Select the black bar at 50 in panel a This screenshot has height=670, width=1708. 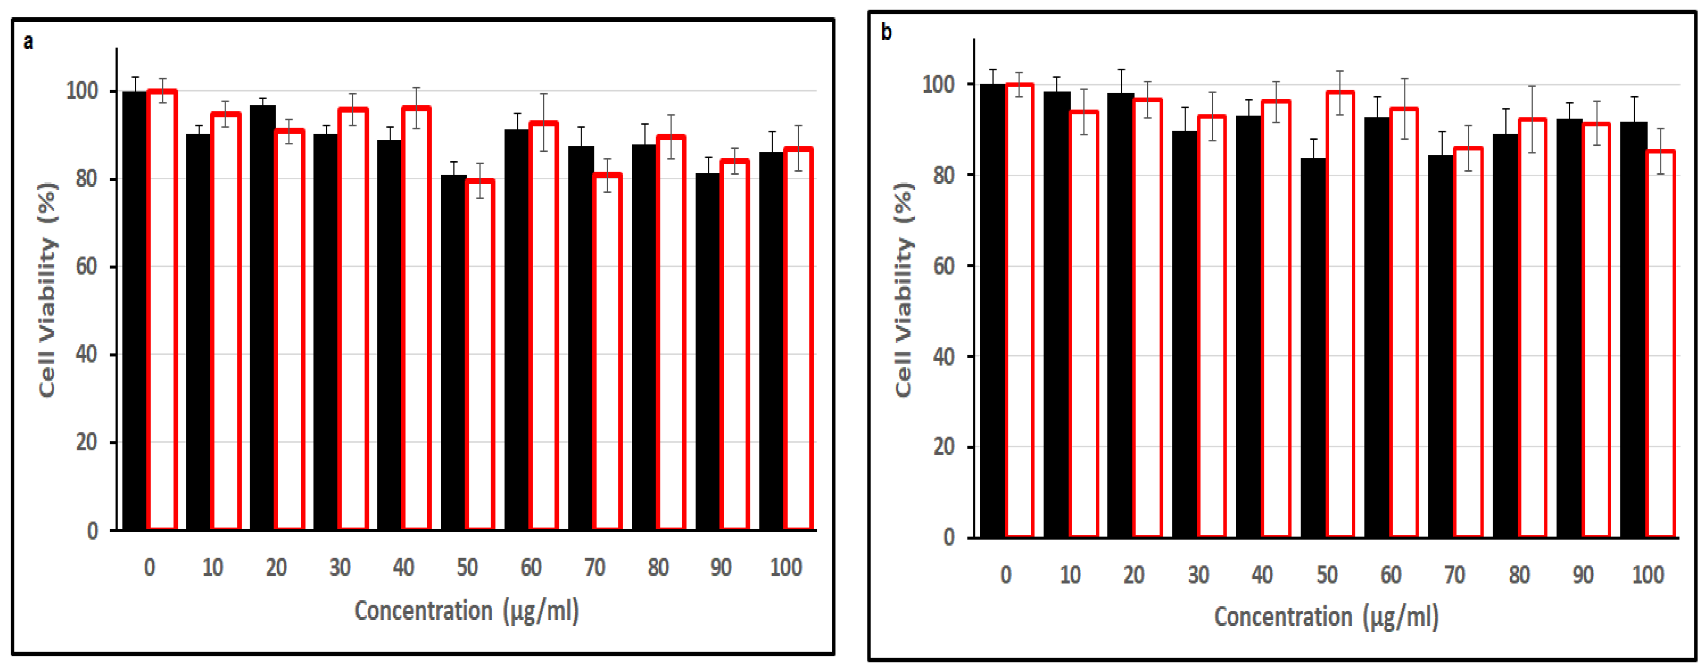click(453, 351)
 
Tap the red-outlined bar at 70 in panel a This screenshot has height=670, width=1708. click(608, 351)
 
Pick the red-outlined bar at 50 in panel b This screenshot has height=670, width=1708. click(1340, 315)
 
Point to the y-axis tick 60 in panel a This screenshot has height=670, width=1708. click(87, 267)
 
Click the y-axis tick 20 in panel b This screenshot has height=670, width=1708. click(944, 447)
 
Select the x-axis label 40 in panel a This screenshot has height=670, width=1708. click(403, 567)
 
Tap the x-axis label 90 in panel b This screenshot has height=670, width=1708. click(1583, 575)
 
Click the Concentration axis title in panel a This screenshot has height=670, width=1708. click(466, 610)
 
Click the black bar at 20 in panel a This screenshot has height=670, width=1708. click(262, 318)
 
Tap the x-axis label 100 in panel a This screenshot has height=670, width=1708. click(786, 567)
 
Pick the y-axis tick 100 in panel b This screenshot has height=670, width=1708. click(938, 85)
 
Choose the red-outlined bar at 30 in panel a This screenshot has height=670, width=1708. click(353, 318)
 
